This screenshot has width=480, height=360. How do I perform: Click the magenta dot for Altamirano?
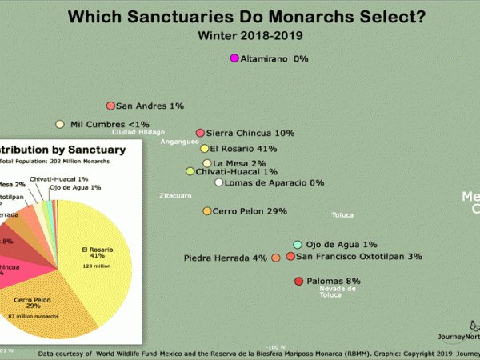(x=234, y=58)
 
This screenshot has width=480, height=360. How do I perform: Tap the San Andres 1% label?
(x=150, y=106)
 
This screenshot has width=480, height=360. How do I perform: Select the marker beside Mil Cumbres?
(x=59, y=124)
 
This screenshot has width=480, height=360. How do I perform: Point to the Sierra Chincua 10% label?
(x=250, y=133)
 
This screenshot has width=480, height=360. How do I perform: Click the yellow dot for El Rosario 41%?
(x=205, y=148)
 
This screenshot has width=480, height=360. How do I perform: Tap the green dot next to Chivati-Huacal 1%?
(x=190, y=171)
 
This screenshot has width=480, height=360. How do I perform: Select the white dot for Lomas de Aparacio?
(x=218, y=182)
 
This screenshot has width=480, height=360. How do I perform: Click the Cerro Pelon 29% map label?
(x=250, y=211)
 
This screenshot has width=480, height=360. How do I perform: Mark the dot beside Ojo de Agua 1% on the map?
(x=298, y=244)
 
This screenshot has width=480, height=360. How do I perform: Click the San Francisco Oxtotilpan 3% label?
(x=358, y=257)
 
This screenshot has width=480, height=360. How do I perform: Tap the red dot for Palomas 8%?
(x=299, y=282)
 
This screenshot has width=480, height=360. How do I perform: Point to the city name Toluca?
(x=342, y=214)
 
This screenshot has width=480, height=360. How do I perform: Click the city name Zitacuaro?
(x=175, y=194)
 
